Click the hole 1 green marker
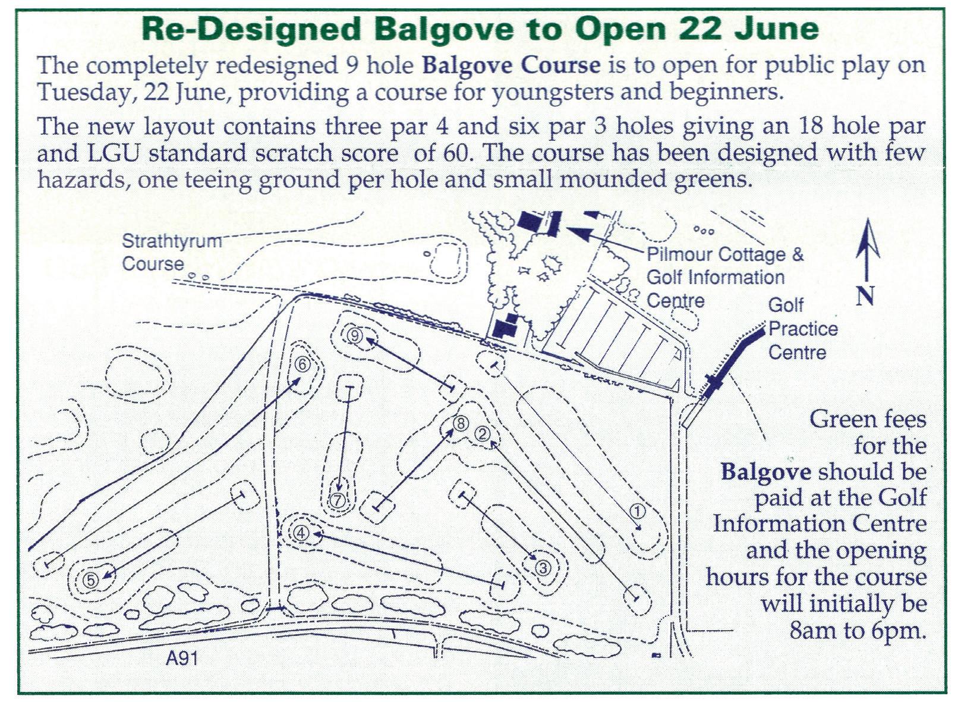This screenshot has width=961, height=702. pos(637,511)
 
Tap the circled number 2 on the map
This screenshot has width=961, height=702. pos(483,434)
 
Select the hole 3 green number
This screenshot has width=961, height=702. pos(543,568)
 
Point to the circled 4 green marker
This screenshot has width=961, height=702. pos(301,533)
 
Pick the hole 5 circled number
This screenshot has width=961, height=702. pos(90,580)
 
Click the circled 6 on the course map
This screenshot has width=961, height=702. pos(302,364)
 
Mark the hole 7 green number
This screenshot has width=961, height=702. pos(338,500)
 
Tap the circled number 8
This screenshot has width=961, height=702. pos(461,423)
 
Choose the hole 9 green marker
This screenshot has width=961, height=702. pos(355,336)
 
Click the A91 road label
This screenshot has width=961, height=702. pos(182,658)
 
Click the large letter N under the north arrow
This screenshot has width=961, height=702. pos(865,295)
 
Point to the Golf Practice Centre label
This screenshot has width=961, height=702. pos(802,329)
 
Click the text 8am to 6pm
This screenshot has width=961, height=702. pos(858,630)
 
